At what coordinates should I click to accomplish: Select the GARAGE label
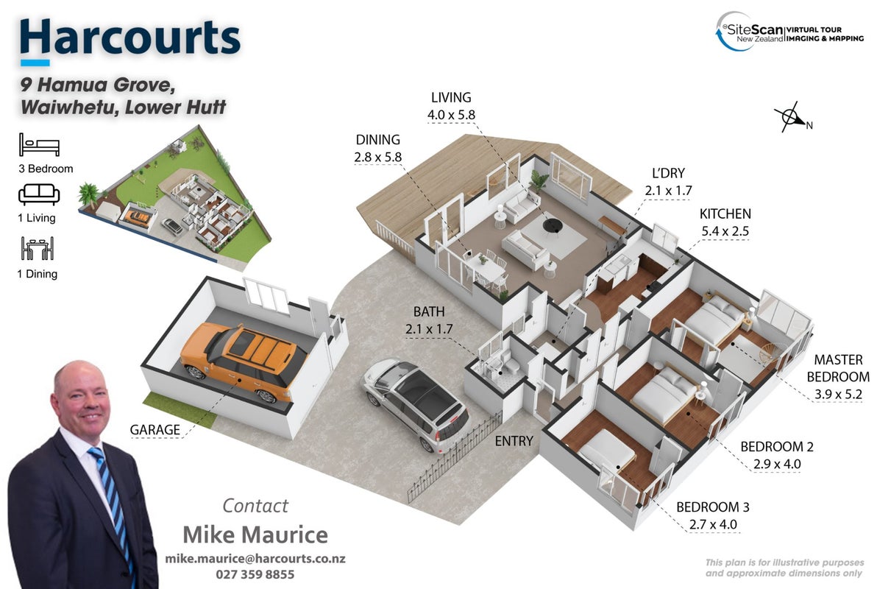click(155, 430)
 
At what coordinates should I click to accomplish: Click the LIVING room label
click(451, 97)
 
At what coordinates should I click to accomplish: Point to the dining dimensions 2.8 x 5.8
click(377, 158)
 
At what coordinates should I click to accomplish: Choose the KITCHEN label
click(725, 214)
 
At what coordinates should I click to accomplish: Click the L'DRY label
click(668, 173)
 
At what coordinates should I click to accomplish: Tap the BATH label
click(429, 311)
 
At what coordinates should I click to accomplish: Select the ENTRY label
click(514, 441)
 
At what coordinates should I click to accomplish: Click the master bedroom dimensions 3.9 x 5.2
click(838, 394)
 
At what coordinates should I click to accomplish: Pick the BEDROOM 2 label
click(776, 447)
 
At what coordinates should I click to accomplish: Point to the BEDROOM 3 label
click(712, 507)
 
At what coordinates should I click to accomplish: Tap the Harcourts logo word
click(129, 38)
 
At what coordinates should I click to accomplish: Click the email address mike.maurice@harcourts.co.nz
click(255, 559)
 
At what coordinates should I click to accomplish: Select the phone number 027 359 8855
click(255, 574)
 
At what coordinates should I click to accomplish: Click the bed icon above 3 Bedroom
click(39, 144)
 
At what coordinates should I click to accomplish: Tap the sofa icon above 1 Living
click(39, 194)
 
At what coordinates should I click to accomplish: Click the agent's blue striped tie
click(113, 504)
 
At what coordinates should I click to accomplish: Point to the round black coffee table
click(552, 225)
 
